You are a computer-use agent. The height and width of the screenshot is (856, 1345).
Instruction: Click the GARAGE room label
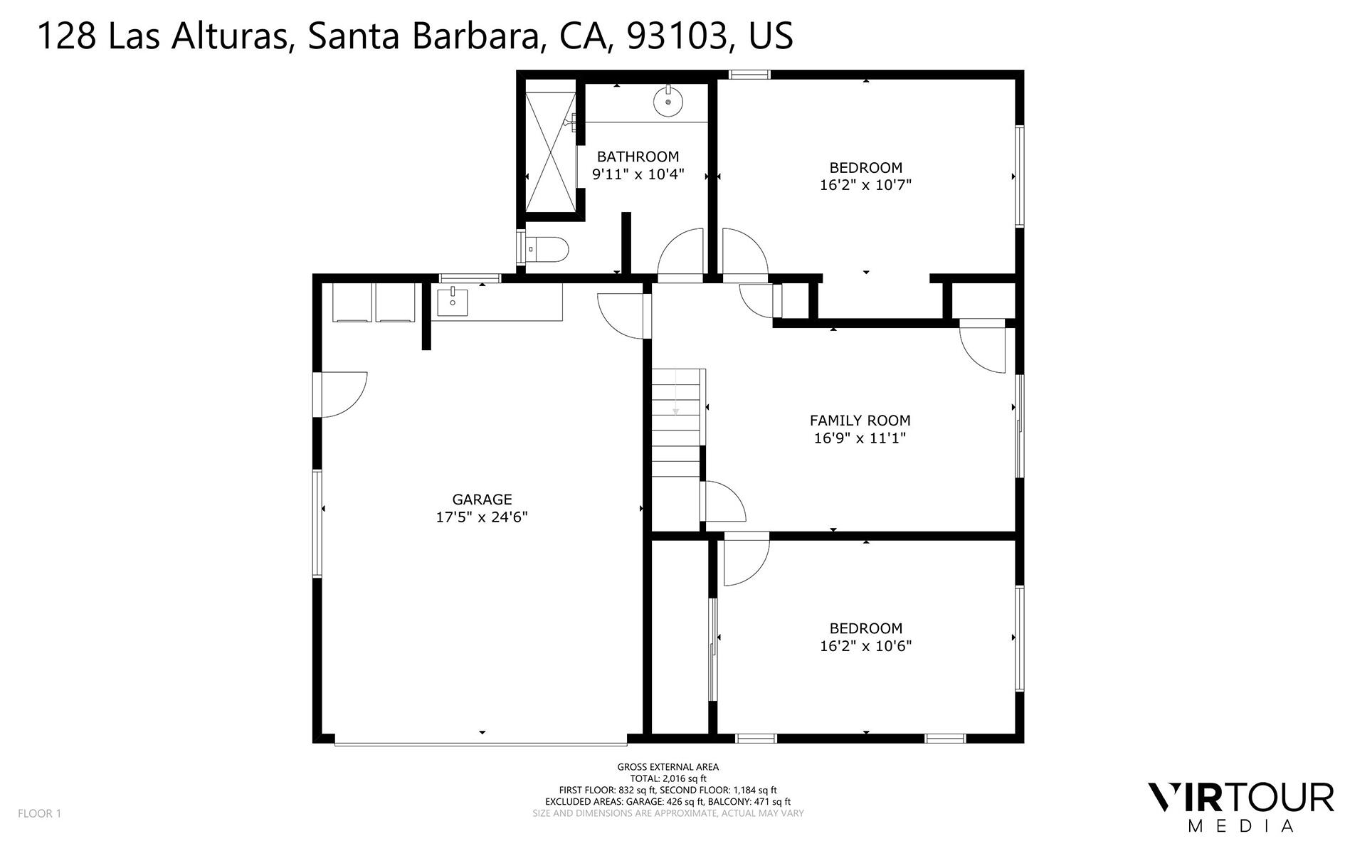click(482, 500)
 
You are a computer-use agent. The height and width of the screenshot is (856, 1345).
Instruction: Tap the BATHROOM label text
click(638, 157)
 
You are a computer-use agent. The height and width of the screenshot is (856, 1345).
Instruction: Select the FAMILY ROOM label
click(860, 421)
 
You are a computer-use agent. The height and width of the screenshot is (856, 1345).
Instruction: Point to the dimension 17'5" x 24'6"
click(482, 517)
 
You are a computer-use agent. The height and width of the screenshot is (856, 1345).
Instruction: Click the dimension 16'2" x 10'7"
click(865, 185)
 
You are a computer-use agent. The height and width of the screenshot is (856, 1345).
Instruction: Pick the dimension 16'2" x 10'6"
click(865, 646)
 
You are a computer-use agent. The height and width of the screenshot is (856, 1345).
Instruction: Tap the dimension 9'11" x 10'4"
click(638, 174)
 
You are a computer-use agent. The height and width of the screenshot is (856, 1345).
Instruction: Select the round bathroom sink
click(668, 102)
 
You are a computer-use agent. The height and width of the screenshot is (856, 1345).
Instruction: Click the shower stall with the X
click(549, 152)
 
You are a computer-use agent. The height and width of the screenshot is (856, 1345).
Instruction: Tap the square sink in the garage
click(452, 302)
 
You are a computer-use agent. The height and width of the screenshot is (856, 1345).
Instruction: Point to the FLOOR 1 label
click(40, 813)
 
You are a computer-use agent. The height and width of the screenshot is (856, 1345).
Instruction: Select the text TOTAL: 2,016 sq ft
click(668, 778)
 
